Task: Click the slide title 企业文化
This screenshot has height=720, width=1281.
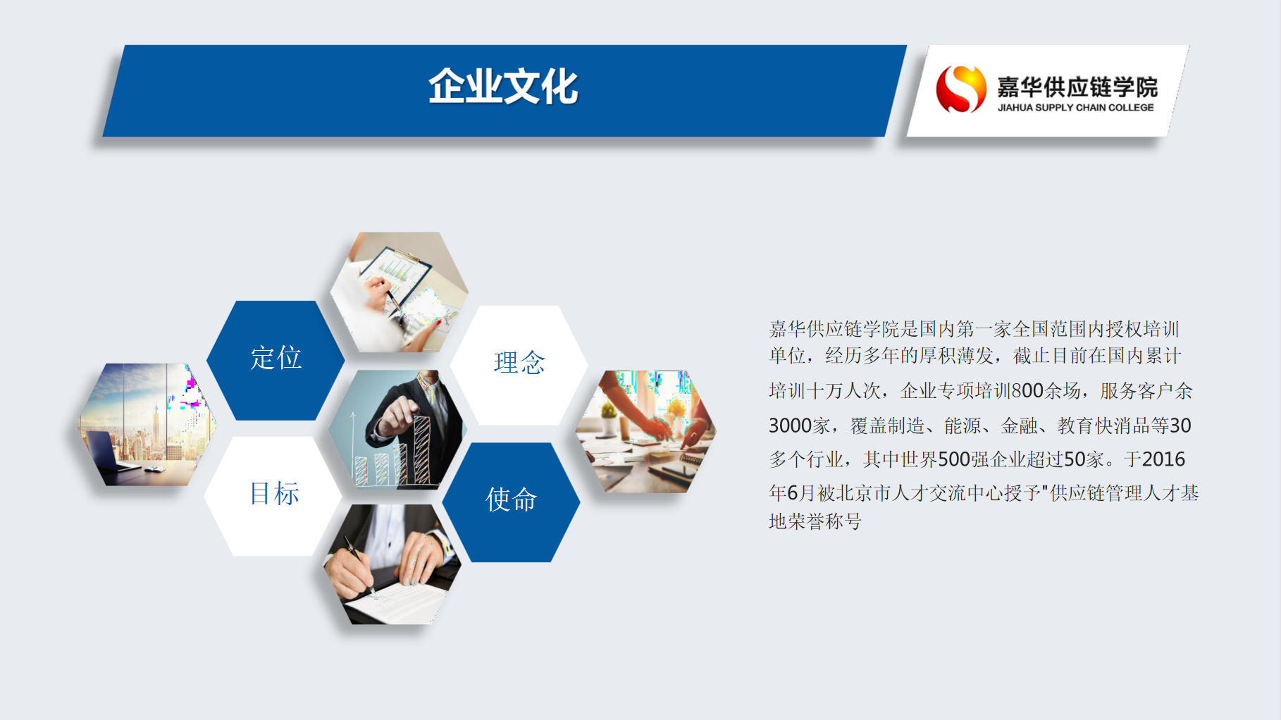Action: pyautogui.click(x=503, y=87)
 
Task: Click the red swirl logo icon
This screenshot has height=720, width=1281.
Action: pyautogui.click(x=960, y=89)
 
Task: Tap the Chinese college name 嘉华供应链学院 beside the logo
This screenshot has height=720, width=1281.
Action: pyautogui.click(x=1077, y=87)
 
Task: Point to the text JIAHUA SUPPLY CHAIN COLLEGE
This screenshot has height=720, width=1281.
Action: pyautogui.click(x=1075, y=108)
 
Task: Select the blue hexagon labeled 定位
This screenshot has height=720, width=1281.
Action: pyautogui.click(x=276, y=360)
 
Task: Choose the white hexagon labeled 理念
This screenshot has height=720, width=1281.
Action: pyautogui.click(x=519, y=365)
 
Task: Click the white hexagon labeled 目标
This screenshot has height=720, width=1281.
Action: pyautogui.click(x=274, y=496)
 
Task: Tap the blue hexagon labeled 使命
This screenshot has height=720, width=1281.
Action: pyautogui.click(x=512, y=502)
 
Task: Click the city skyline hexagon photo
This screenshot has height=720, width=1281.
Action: pyautogui.click(x=147, y=424)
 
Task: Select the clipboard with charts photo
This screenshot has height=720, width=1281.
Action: pyautogui.click(x=400, y=292)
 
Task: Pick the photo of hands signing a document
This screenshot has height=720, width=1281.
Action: pyautogui.click(x=392, y=564)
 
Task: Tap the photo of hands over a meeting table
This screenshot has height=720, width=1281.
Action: pyautogui.click(x=646, y=431)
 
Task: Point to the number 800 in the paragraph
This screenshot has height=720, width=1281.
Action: pyautogui.click(x=1027, y=391)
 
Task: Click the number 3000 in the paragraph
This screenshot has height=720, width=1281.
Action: pyautogui.click(x=789, y=426)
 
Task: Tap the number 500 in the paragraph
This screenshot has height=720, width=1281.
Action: pyautogui.click(x=954, y=459)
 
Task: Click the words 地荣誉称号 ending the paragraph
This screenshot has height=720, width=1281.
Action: pyautogui.click(x=815, y=521)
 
